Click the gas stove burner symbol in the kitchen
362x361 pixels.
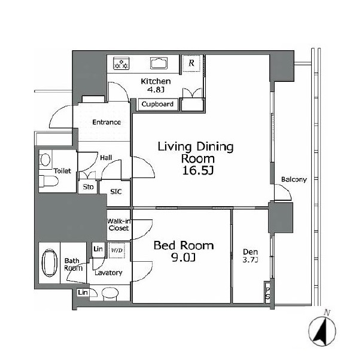(121, 64)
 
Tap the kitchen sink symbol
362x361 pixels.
(159, 63)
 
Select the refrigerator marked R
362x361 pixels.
(191, 63)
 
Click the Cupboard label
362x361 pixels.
(157, 104)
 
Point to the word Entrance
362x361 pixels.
(107, 122)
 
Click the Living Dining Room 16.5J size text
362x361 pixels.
(198, 171)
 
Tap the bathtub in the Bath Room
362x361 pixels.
(50, 262)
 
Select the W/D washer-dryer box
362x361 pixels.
(117, 250)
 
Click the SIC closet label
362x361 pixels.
(116, 192)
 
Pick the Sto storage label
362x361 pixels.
(88, 187)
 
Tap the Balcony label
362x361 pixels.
(294, 179)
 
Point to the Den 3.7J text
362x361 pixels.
(250, 256)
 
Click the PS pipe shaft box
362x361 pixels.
(267, 292)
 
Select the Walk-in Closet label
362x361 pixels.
(119, 225)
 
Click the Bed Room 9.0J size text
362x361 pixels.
(183, 258)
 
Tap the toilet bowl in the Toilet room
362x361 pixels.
(48, 181)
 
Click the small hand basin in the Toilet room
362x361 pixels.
(45, 160)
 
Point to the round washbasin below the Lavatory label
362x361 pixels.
(110, 293)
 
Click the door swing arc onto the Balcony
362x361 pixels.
(287, 190)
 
